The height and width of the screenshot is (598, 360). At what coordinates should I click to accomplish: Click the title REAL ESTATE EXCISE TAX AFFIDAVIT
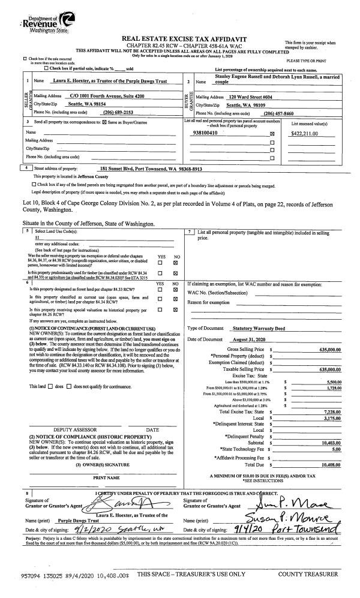point(179,37)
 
